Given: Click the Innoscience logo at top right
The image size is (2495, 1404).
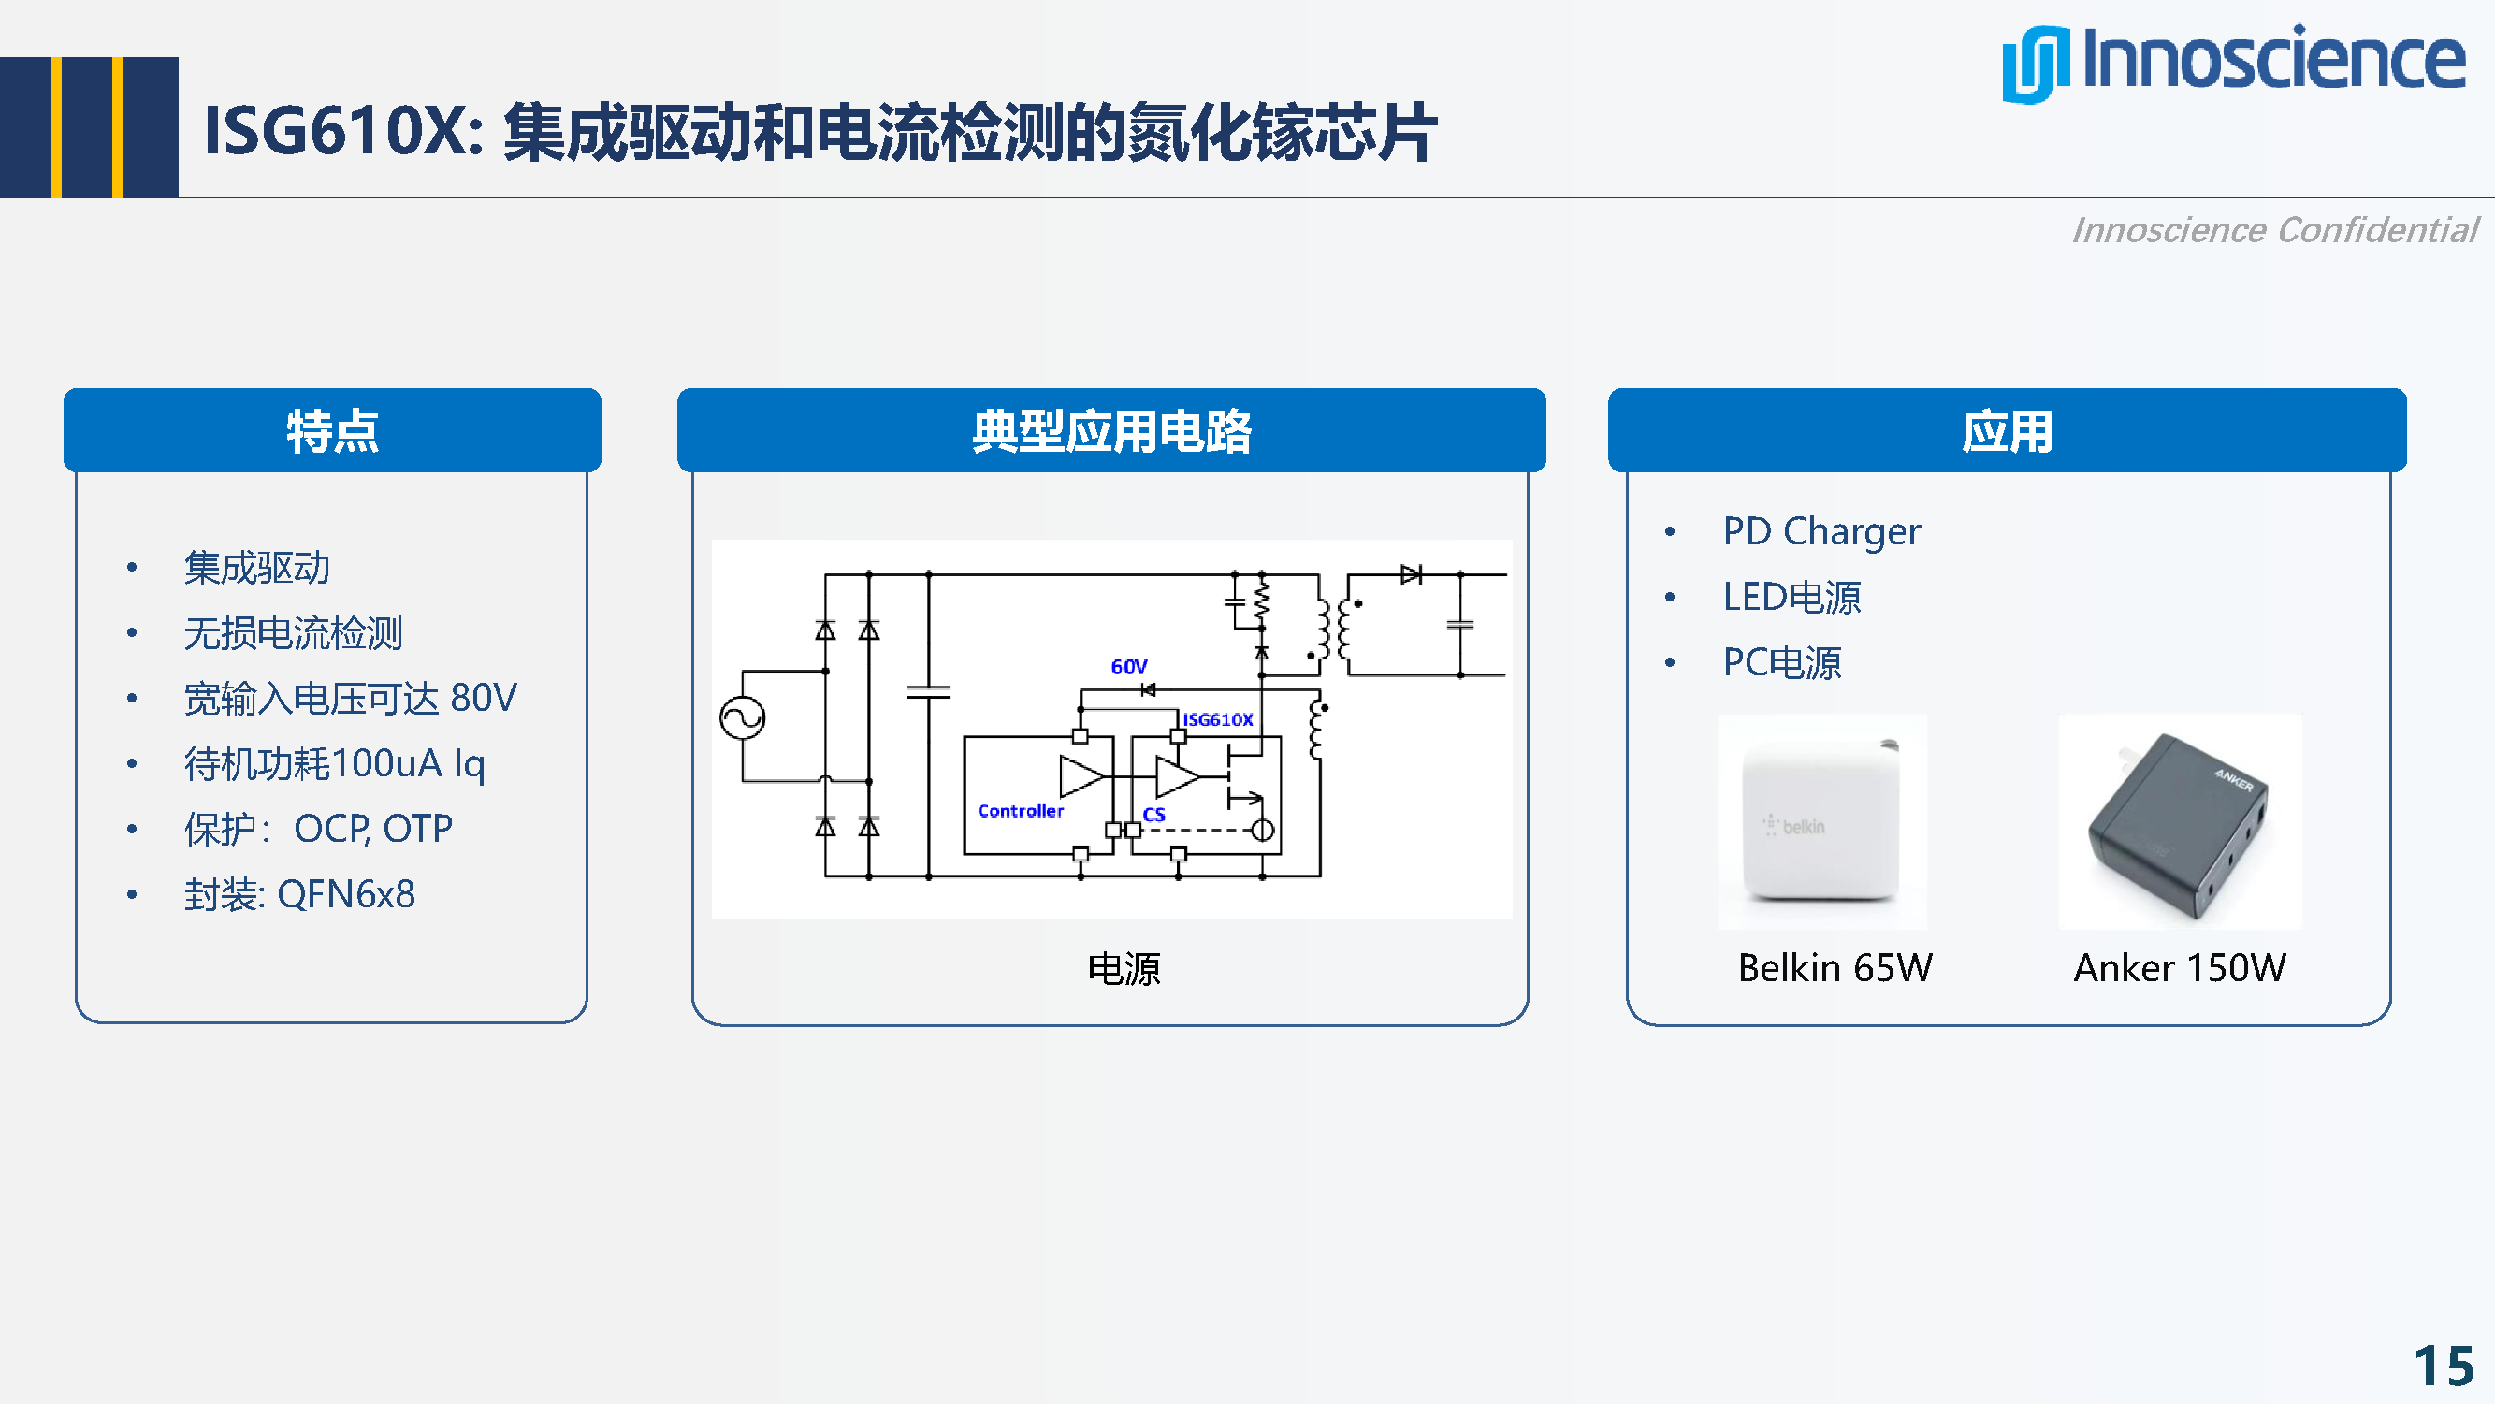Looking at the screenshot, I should pyautogui.click(x=2232, y=62).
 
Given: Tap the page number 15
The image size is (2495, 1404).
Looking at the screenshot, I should pyautogui.click(x=2443, y=1367).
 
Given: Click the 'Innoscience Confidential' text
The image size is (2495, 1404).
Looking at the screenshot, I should pyautogui.click(x=2273, y=230).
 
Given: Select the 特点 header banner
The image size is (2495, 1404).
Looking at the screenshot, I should pyautogui.click(x=332, y=431).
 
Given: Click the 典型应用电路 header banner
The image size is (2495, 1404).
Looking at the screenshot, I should pyautogui.click(x=1111, y=431).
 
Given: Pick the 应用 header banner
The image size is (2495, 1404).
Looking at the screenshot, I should pyautogui.click(x=2006, y=431).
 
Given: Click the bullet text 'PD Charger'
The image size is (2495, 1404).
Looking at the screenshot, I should pyautogui.click(x=1820, y=531).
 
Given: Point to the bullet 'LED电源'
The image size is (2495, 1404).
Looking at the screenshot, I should pyautogui.click(x=1791, y=598).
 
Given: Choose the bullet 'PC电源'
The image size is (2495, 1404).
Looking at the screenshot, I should pyautogui.click(x=1781, y=663).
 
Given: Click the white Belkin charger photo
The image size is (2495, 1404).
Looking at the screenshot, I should pyautogui.click(x=1820, y=821).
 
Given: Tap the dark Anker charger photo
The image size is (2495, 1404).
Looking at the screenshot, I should pyautogui.click(x=2179, y=821).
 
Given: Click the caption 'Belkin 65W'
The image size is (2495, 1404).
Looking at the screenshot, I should pyautogui.click(x=1835, y=967).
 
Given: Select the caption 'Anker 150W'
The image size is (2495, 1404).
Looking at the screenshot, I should pyautogui.click(x=2179, y=967).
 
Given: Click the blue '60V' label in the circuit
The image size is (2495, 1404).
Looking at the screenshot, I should pyautogui.click(x=1128, y=666).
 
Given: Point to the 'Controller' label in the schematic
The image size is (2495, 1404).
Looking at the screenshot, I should pyautogui.click(x=1020, y=810).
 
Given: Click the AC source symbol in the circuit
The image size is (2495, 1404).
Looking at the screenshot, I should pyautogui.click(x=742, y=718).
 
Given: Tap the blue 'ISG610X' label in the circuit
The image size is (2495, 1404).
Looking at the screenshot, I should pyautogui.click(x=1217, y=719).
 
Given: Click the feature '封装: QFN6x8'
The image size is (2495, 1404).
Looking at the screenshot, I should pyautogui.click(x=299, y=893).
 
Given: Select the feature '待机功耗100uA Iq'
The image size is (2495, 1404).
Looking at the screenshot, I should pyautogui.click(x=334, y=764).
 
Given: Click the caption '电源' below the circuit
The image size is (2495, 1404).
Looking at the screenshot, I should pyautogui.click(x=1124, y=968).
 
